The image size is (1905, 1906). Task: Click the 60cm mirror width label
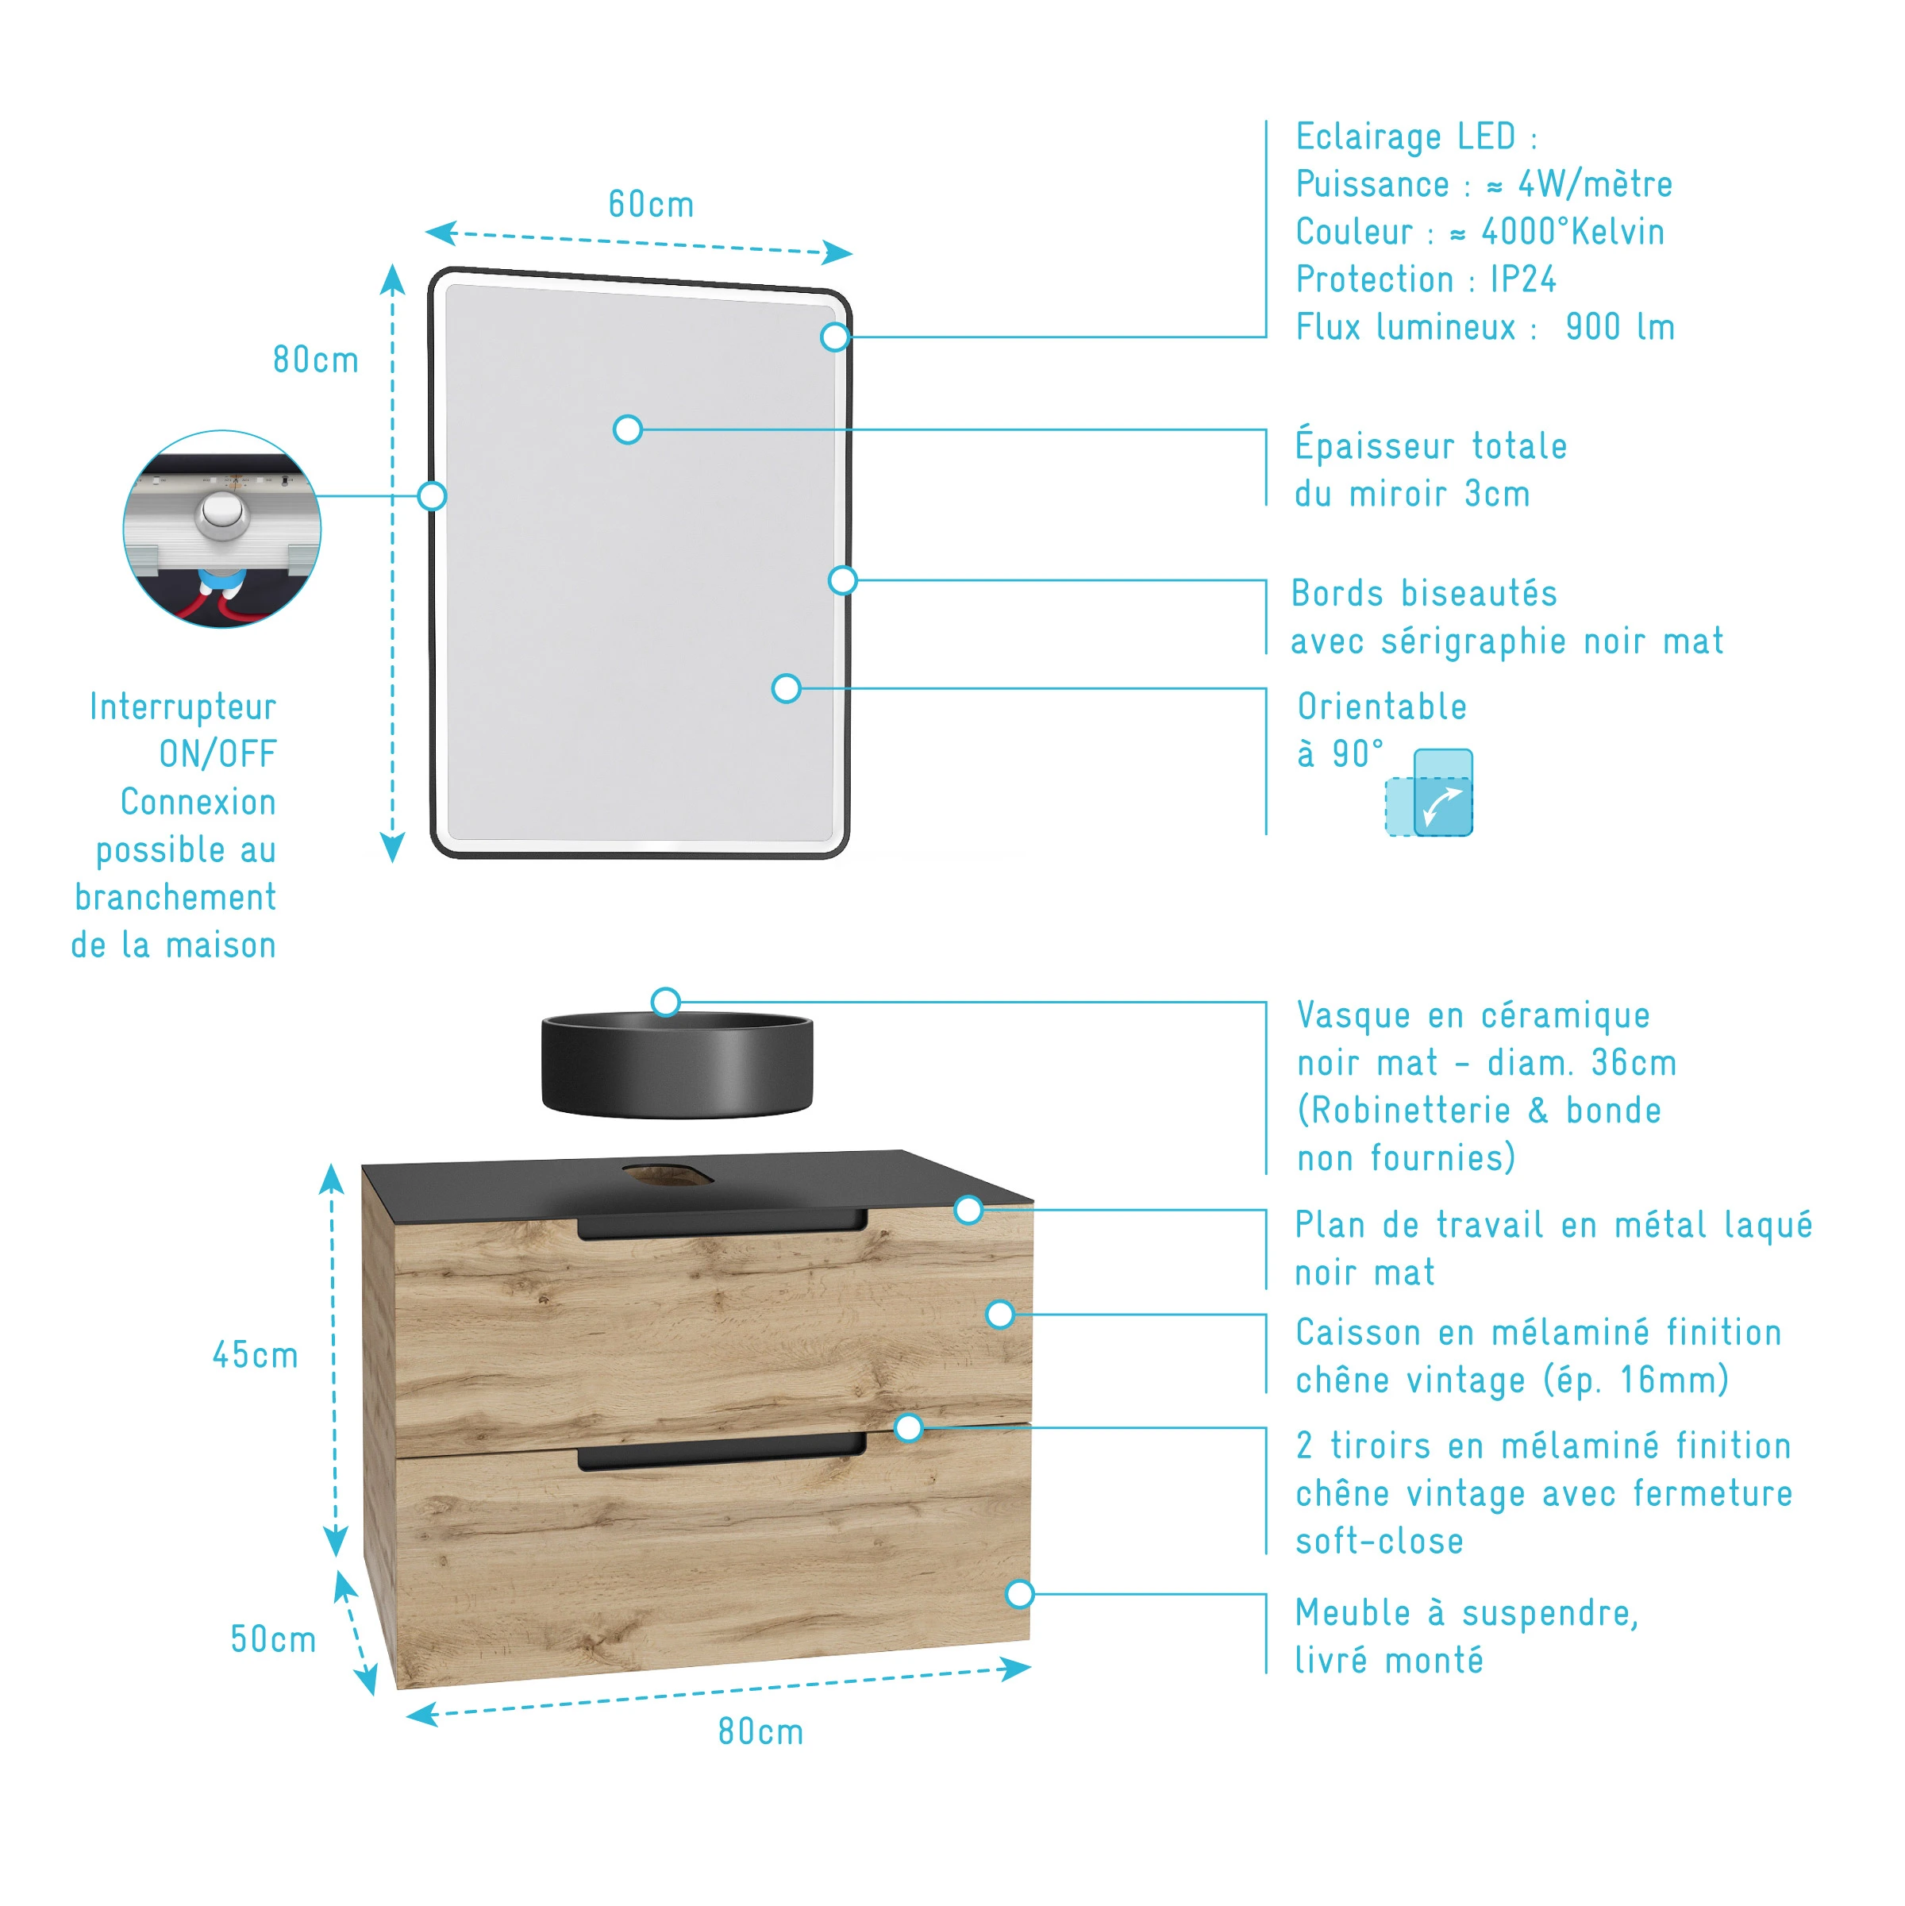[x=651, y=204]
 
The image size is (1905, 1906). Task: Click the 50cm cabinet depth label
[x=273, y=1638]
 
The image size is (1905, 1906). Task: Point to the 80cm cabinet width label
[x=760, y=1731]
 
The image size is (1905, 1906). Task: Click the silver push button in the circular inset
[x=223, y=515]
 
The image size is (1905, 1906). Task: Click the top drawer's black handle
[x=722, y=1226]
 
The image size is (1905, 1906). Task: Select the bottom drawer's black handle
[x=722, y=1455]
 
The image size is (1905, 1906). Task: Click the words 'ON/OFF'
[x=218, y=753]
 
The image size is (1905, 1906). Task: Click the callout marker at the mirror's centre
[x=627, y=429]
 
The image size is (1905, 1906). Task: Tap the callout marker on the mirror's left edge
[x=432, y=495]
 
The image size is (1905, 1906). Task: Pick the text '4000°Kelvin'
[x=1572, y=232]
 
